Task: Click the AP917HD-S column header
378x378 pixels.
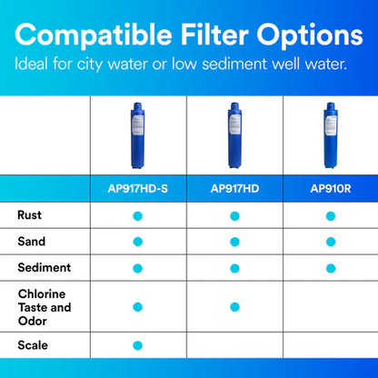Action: (138, 189)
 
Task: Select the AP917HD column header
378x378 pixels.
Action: (234, 189)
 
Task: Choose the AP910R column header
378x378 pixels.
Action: (330, 189)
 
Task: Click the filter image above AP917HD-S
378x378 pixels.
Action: (138, 137)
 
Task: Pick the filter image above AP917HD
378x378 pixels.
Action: (234, 137)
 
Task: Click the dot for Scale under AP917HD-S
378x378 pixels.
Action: (138, 345)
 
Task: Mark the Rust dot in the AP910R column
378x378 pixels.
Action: (330, 215)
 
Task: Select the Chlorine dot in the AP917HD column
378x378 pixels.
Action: (234, 306)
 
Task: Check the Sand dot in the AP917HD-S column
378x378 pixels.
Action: (138, 241)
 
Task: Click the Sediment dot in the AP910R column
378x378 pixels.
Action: (330, 267)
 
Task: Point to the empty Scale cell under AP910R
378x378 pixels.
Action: (330, 345)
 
